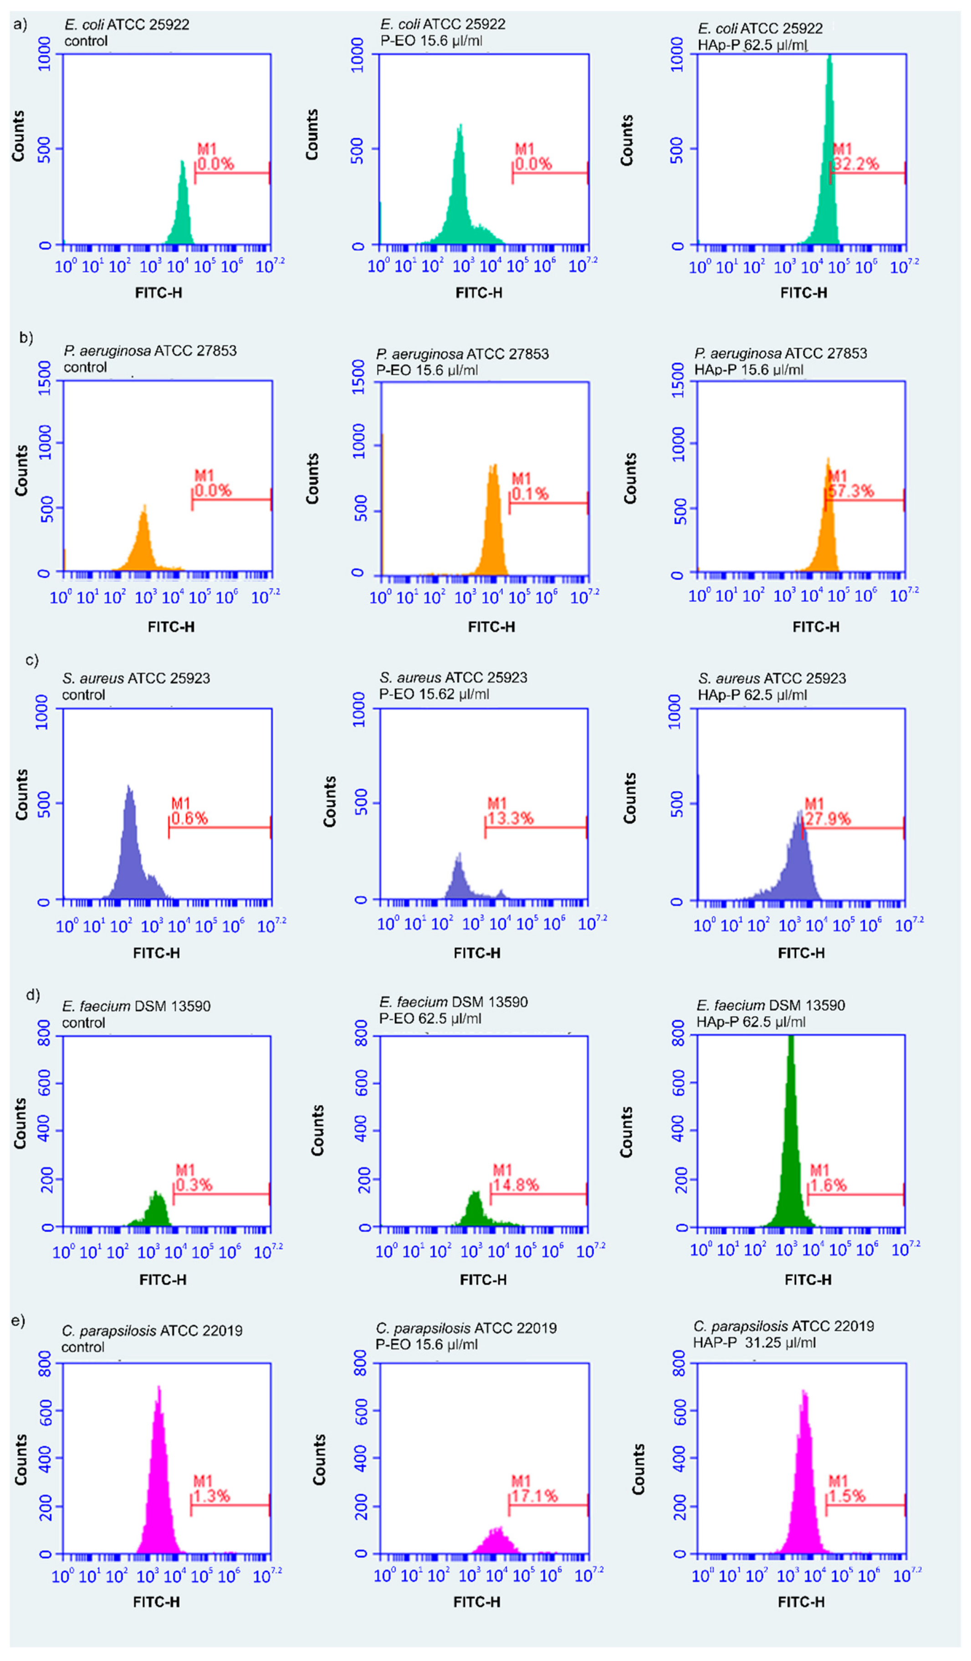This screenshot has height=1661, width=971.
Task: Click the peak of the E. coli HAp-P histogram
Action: coord(829,59)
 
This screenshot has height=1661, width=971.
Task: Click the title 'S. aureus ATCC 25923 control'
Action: coord(136,686)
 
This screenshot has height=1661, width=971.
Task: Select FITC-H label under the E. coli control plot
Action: coord(159,293)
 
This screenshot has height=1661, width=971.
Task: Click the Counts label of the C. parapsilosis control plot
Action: coord(20,1460)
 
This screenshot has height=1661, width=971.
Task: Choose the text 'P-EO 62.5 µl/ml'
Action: coord(430,1018)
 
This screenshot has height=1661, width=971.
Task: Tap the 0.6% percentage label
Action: coord(190,818)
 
